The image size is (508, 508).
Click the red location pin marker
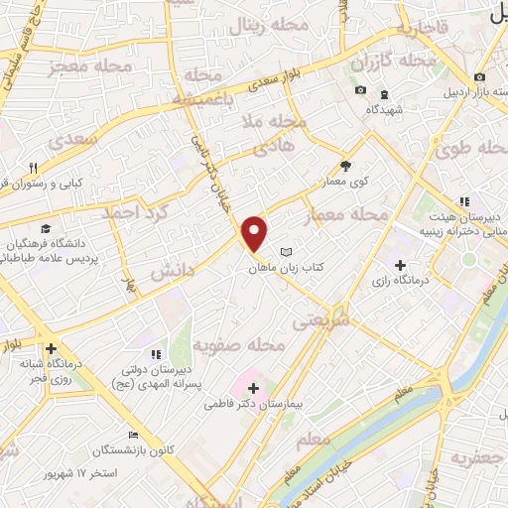(255, 232)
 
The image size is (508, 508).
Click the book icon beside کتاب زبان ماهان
(287, 252)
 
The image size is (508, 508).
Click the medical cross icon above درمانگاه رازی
(400, 265)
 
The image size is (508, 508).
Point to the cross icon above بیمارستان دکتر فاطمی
(253, 388)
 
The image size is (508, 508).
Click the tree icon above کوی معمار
(345, 167)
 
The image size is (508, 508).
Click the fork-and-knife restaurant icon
(33, 168)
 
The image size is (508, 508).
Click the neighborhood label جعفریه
(473, 458)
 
